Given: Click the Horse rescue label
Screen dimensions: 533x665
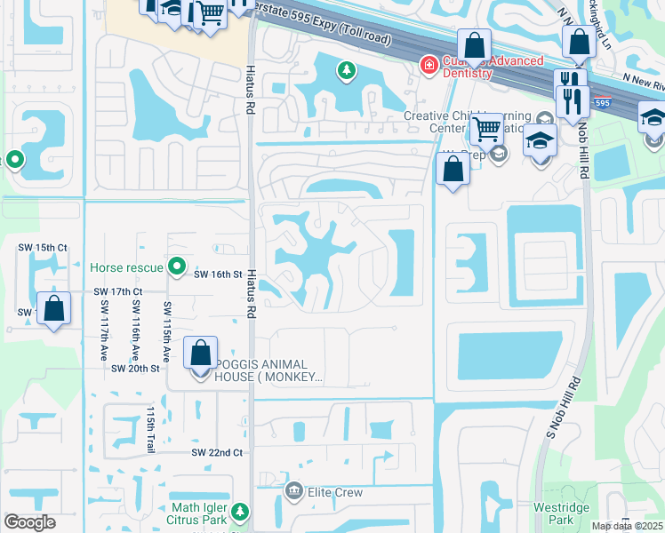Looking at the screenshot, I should click(x=126, y=266).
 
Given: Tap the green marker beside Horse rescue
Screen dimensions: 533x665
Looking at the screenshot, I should click(x=178, y=266).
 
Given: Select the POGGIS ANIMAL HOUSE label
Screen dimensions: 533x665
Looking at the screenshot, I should click(x=252, y=371).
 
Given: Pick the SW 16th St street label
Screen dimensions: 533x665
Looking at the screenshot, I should click(x=219, y=275).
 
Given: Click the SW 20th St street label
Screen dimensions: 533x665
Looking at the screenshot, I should click(x=135, y=368).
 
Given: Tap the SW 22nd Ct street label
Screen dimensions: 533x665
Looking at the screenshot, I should click(x=218, y=452).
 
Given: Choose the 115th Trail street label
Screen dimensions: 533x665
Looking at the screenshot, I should click(x=151, y=430).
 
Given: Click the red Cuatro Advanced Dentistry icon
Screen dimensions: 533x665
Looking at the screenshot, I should click(x=429, y=64).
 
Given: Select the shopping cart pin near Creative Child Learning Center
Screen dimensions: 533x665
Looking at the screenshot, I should click(x=486, y=129).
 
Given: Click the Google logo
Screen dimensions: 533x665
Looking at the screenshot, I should click(x=29, y=522).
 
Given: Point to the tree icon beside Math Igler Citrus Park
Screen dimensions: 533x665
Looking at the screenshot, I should click(x=239, y=513).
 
